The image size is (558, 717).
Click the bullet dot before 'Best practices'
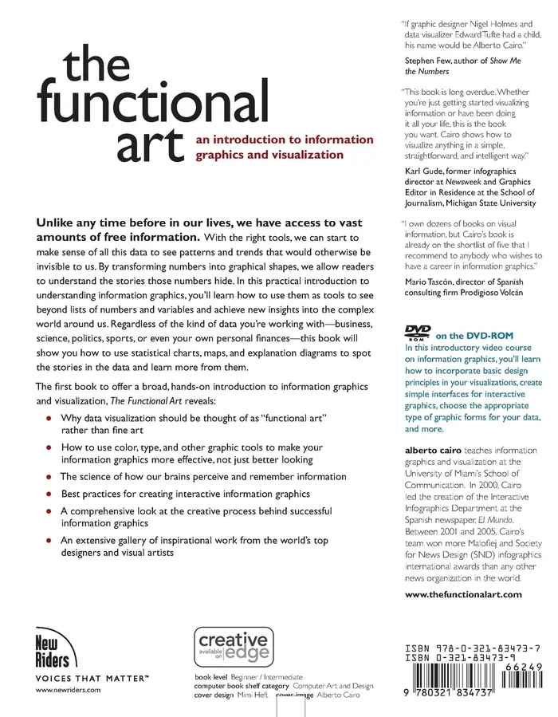coord(50,494)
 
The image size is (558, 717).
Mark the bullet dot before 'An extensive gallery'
coord(50,541)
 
